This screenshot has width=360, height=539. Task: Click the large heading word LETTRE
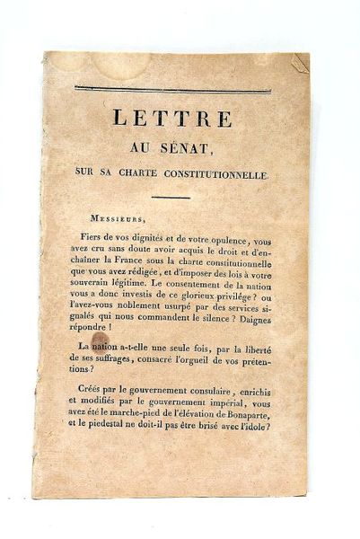[x=171, y=118]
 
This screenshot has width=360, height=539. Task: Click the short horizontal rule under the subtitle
[x=171, y=197]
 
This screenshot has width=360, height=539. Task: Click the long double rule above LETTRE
[x=171, y=89]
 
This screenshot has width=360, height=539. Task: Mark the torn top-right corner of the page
[x=300, y=62]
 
